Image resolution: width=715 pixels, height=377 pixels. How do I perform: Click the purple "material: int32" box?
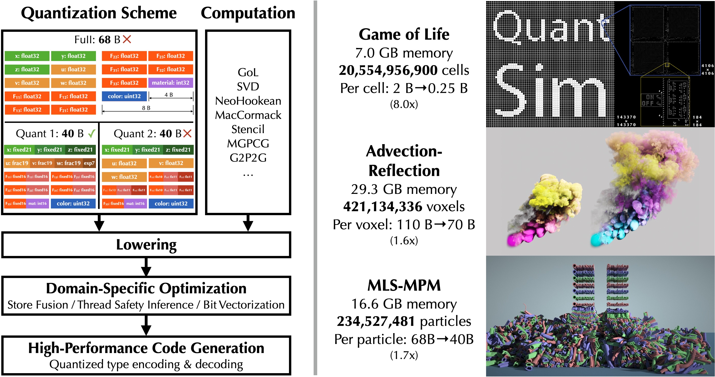click(170, 83)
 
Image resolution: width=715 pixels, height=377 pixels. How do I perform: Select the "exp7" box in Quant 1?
click(89, 163)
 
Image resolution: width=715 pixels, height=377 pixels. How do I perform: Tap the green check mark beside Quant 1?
click(91, 134)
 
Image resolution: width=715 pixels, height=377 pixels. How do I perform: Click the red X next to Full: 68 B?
click(127, 39)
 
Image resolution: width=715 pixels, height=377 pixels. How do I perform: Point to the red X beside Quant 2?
click(187, 134)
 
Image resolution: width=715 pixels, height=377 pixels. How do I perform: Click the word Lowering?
click(146, 245)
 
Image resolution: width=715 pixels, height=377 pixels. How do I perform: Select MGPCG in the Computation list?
click(248, 143)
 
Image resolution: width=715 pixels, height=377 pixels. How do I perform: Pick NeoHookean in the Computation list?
click(248, 101)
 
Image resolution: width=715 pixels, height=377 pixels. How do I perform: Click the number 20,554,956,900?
click(388, 70)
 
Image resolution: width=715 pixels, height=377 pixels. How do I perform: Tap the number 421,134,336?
click(383, 207)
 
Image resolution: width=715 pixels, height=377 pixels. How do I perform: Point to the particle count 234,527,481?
click(376, 321)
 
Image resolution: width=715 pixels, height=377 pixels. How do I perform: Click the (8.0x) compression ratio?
click(404, 104)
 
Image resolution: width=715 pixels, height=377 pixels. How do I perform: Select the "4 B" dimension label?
click(169, 95)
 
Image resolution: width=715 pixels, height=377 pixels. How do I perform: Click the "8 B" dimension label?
click(146, 108)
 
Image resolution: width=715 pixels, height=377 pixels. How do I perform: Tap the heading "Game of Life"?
click(404, 34)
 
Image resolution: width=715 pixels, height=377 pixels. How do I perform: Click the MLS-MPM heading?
click(404, 285)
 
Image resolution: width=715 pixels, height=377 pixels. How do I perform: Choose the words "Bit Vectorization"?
click(244, 305)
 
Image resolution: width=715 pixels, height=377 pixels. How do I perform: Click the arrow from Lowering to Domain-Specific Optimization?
click(146, 267)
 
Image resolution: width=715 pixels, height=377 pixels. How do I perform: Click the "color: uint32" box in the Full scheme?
click(124, 96)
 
